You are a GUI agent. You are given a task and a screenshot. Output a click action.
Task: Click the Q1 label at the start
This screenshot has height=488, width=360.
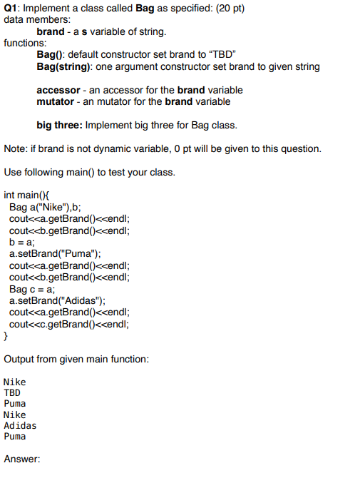click(x=12, y=8)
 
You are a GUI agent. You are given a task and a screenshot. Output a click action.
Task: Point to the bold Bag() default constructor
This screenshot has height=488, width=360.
click(x=51, y=55)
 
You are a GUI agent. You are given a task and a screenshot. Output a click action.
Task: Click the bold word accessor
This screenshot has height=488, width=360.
click(x=60, y=90)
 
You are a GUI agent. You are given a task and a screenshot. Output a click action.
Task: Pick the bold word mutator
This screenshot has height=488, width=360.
click(x=56, y=101)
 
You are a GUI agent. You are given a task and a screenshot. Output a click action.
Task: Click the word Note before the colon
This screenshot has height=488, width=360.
click(x=14, y=148)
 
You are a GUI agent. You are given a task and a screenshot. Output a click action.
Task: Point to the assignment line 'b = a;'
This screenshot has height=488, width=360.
click(x=23, y=242)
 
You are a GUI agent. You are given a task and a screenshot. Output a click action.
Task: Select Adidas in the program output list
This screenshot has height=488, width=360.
click(x=20, y=426)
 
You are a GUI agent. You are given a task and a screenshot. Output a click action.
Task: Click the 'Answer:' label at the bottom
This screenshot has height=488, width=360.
click(x=21, y=459)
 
